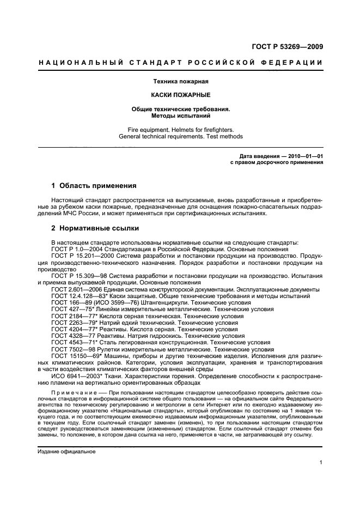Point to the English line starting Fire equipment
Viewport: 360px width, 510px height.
(180, 130)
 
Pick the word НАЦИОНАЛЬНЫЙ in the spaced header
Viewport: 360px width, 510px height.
(74, 63)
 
